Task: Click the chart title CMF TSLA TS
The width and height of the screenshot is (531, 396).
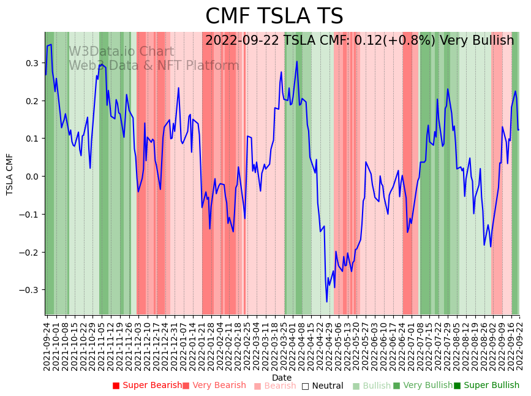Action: [274, 17]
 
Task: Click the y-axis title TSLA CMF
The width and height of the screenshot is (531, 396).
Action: [10, 174]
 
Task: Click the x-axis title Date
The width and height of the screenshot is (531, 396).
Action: [282, 378]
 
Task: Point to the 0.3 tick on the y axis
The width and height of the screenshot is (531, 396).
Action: [31, 63]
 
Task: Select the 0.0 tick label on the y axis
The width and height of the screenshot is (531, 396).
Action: [31, 177]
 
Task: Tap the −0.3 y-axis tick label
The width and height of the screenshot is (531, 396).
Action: [29, 290]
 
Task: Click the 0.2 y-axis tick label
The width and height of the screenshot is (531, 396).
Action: [31, 101]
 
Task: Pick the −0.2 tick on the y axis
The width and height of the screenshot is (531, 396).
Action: [29, 252]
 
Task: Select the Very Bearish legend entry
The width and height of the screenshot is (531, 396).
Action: [214, 386]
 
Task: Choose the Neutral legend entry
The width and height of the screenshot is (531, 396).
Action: [322, 386]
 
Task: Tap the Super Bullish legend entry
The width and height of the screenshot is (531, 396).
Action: [486, 386]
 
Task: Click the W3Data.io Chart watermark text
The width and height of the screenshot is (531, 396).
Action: [121, 52]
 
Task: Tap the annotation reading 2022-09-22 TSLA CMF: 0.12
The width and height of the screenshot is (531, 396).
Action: [360, 40]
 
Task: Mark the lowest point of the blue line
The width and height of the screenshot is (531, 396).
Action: [326, 302]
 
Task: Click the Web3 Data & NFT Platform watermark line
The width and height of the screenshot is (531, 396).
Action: [154, 66]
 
